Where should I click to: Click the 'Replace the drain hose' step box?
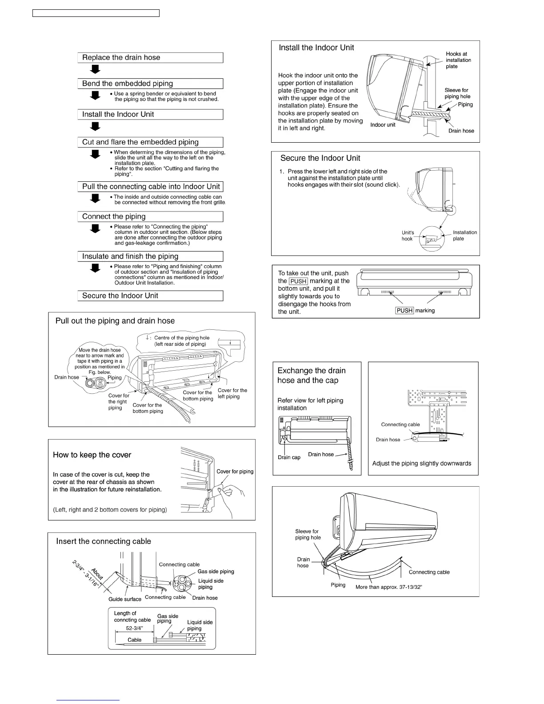[150, 58]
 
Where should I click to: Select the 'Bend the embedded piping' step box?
[150, 84]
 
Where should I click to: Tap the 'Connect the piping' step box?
[150, 217]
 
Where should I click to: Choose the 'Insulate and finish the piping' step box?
[150, 256]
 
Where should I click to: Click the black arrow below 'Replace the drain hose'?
[95, 69]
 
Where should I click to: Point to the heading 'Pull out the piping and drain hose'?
[115, 321]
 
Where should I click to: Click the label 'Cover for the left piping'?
[232, 393]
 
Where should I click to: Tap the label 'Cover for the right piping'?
[118, 402]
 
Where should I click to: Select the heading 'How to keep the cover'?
[92, 455]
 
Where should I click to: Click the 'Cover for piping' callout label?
[235, 472]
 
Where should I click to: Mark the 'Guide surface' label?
[125, 599]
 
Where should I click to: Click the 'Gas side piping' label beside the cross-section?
[216, 572]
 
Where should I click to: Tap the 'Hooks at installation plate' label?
[458, 60]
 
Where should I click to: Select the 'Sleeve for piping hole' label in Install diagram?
[457, 93]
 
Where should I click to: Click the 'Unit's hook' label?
[408, 236]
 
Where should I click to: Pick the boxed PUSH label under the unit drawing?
[404, 311]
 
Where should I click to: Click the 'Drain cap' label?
[289, 457]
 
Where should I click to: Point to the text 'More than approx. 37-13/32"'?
[388, 587]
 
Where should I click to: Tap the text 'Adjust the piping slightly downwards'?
[421, 464]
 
